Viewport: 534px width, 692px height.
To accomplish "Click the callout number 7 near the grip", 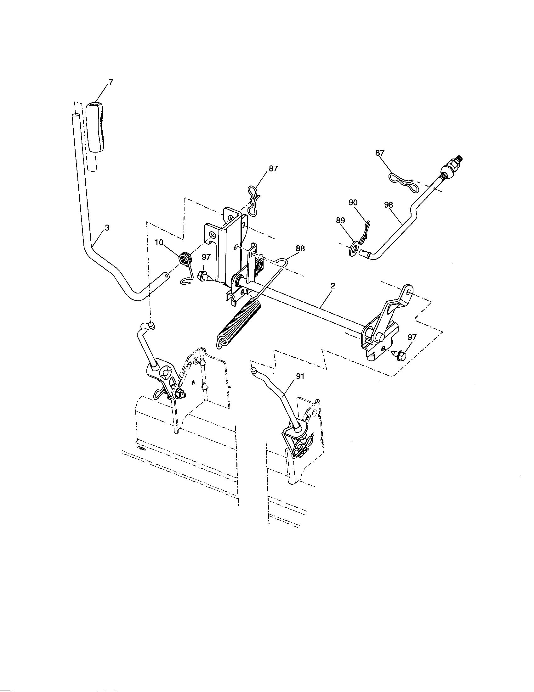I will [111, 82].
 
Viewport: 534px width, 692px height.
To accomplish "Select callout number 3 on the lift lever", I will [107, 228].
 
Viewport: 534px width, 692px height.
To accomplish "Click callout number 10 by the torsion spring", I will [159, 243].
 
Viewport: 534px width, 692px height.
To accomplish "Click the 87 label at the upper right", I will [380, 153].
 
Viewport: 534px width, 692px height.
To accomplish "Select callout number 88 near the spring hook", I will [300, 249].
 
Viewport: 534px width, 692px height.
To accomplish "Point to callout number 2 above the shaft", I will [332, 286].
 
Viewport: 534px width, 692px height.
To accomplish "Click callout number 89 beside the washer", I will [340, 220].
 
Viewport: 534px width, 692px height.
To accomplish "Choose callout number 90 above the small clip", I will [353, 203].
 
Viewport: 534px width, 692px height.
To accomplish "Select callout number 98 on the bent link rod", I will [388, 205].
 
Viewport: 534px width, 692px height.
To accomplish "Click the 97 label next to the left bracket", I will [206, 257].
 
